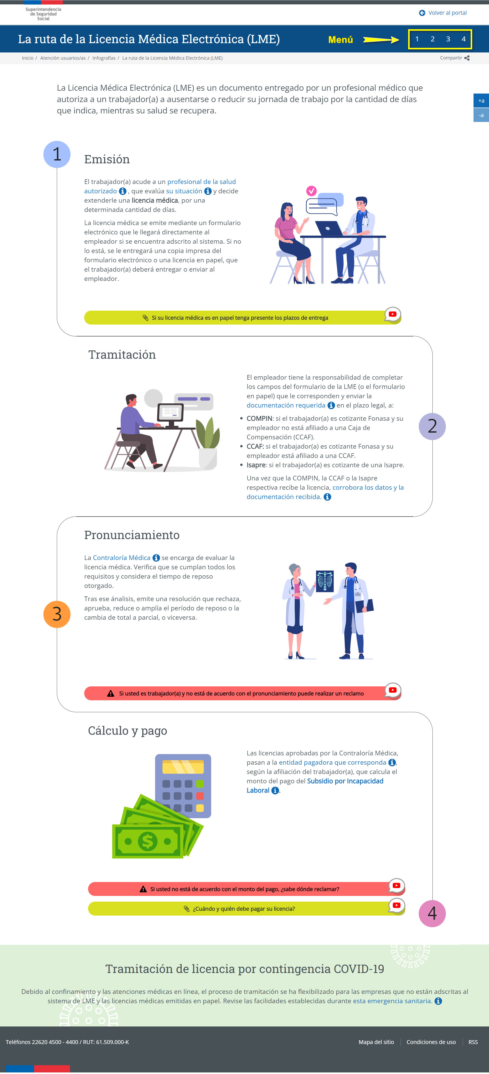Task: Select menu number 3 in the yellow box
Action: tap(448, 39)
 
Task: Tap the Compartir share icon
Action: tap(467, 58)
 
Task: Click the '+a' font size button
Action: tap(481, 101)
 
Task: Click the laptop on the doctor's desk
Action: tap(329, 228)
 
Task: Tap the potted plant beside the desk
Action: tap(208, 444)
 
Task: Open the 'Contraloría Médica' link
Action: tap(121, 558)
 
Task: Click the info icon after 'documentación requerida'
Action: tap(331, 405)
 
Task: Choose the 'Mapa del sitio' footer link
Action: tap(376, 1042)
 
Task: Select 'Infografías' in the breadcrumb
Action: tap(104, 58)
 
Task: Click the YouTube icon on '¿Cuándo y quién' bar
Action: tap(397, 905)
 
